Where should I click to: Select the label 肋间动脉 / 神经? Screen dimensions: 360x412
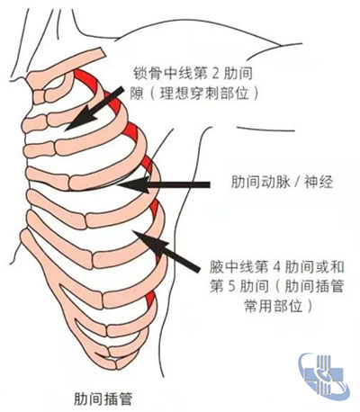click(282, 182)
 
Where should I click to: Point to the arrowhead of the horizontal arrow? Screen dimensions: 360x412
click(132, 184)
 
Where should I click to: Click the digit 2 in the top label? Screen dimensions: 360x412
click(216, 74)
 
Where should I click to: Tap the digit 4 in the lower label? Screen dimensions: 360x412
click(276, 266)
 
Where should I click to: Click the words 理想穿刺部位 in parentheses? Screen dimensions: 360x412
click(204, 94)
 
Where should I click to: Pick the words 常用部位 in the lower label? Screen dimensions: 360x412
click(274, 306)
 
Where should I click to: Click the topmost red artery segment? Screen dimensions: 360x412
click(86, 79)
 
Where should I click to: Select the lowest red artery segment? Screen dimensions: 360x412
click(150, 300)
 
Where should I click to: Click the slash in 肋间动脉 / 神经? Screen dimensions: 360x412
click(297, 182)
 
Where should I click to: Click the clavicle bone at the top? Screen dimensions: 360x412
click(66, 69)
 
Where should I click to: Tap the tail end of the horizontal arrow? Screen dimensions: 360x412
click(209, 184)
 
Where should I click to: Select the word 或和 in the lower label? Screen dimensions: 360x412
click(329, 266)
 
